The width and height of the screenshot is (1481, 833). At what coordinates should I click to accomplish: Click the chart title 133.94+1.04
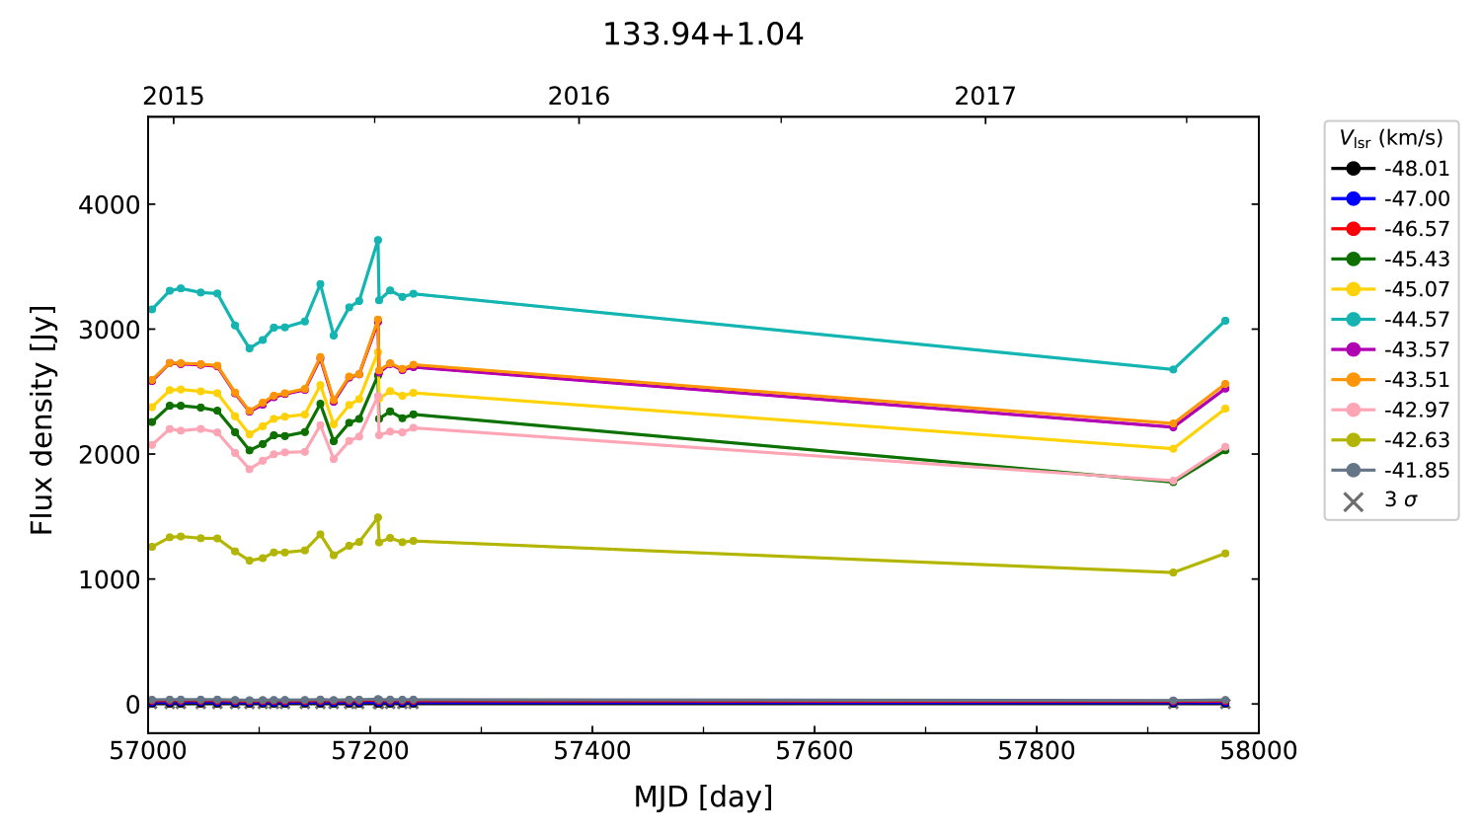click(x=703, y=35)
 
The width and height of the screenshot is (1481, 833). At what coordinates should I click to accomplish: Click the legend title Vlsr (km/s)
click(x=1390, y=138)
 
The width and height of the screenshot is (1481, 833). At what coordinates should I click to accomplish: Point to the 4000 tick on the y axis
click(x=111, y=205)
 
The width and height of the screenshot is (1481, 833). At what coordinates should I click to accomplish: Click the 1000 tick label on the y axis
click(x=111, y=579)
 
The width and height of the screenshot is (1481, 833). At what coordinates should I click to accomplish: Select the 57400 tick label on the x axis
click(x=592, y=751)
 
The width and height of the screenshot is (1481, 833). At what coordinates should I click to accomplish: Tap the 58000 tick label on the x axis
click(x=1258, y=751)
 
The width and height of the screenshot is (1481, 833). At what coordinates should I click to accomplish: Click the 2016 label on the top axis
click(x=579, y=96)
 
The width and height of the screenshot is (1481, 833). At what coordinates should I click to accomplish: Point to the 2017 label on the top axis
click(x=984, y=96)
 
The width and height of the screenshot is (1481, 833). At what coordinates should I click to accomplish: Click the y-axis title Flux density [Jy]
click(x=41, y=420)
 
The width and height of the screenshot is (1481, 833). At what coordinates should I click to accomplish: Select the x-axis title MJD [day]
click(x=703, y=797)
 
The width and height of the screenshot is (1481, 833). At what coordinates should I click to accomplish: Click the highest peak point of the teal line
click(x=377, y=240)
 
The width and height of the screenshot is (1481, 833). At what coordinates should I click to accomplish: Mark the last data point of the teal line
click(x=1225, y=321)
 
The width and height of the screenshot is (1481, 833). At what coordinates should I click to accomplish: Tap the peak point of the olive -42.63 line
click(x=377, y=517)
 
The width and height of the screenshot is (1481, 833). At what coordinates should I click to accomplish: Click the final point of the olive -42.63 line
click(x=1225, y=554)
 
